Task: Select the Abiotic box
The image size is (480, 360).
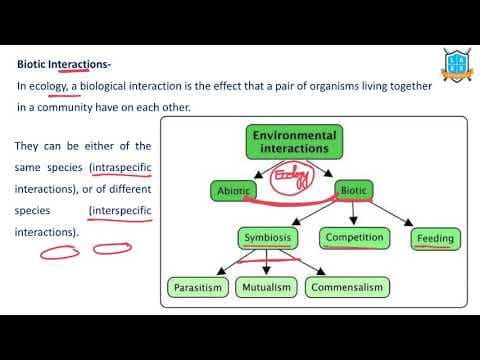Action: pyautogui.click(x=236, y=190)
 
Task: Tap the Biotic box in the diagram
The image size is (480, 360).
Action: pyautogui.click(x=355, y=189)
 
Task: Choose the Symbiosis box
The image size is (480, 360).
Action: pyautogui.click(x=268, y=238)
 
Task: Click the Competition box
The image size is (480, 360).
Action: pyautogui.click(x=354, y=238)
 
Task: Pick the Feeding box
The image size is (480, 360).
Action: pyautogui.click(x=435, y=239)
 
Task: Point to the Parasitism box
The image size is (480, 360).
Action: pyautogui.click(x=199, y=288)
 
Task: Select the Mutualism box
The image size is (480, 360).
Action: pyautogui.click(x=266, y=288)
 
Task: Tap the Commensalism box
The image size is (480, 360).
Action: pyautogui.click(x=347, y=288)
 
